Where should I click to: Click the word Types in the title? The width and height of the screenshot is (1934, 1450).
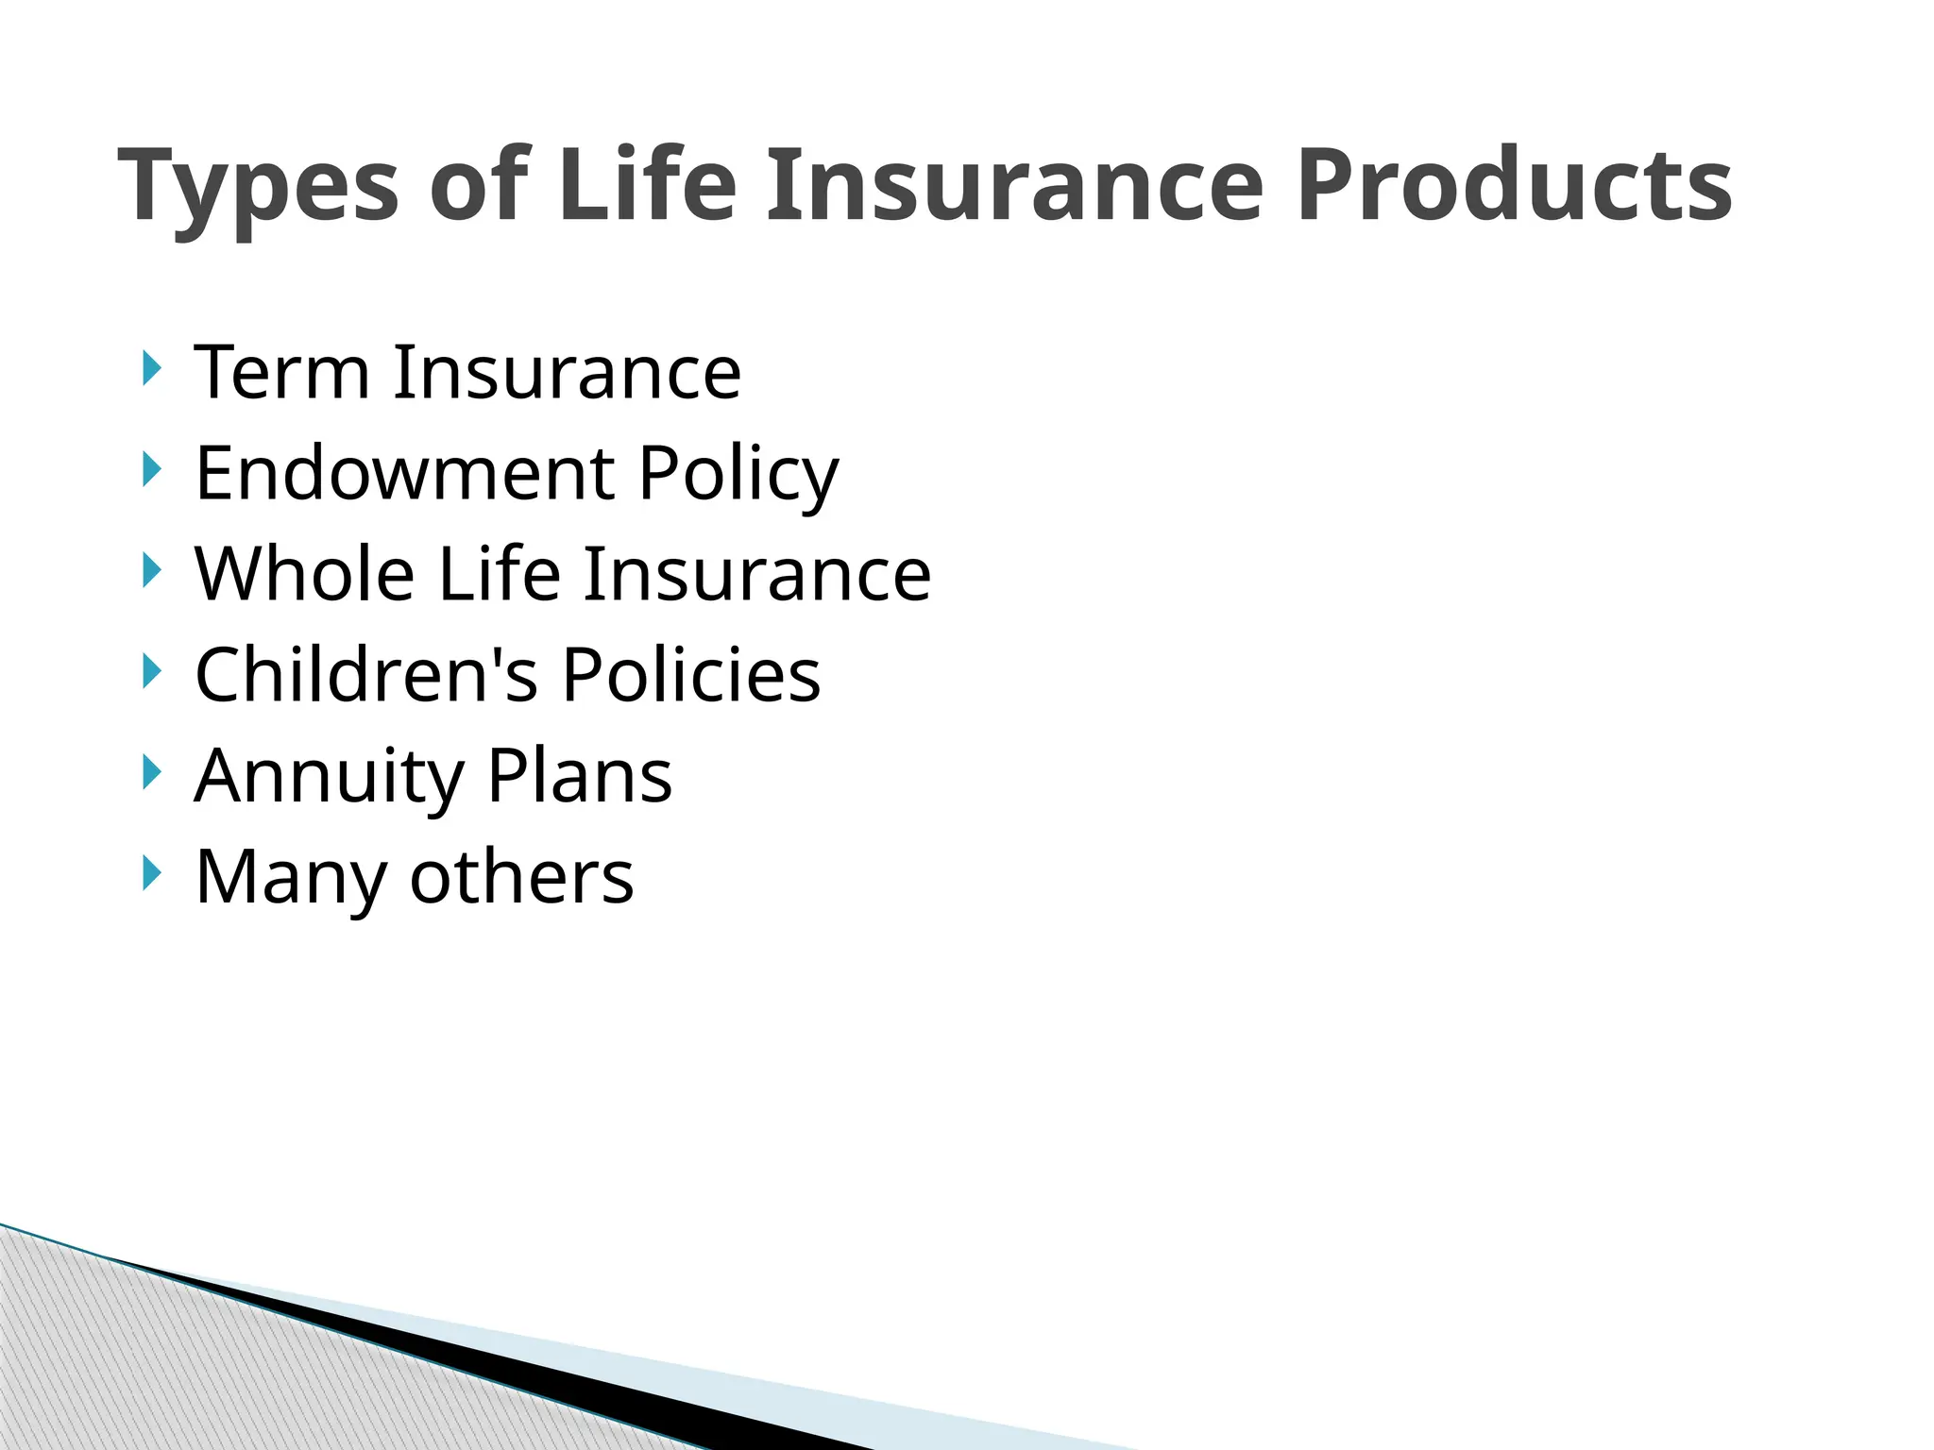(x=259, y=187)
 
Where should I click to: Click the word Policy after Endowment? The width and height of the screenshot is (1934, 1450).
(x=738, y=474)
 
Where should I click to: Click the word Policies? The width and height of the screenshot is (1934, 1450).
(x=691, y=675)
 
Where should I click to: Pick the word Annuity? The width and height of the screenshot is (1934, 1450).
(x=329, y=777)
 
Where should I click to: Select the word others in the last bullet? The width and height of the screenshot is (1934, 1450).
(x=521, y=877)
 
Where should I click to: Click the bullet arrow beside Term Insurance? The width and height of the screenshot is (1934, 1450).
(x=151, y=368)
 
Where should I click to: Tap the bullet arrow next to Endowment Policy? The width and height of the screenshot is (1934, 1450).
(x=151, y=469)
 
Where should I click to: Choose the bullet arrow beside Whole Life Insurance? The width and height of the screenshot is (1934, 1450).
(x=151, y=570)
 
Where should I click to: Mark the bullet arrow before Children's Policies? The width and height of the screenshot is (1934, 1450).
(x=151, y=671)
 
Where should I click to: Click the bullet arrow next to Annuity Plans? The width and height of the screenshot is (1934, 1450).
(x=151, y=772)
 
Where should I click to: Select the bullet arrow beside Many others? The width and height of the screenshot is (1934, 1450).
(x=151, y=873)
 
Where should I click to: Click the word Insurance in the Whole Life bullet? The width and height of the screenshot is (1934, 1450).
(x=756, y=574)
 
